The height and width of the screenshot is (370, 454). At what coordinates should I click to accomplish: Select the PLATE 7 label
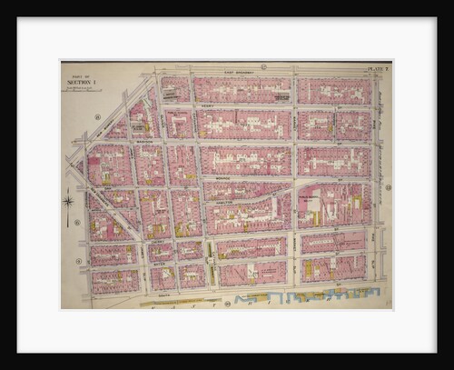pos(377,68)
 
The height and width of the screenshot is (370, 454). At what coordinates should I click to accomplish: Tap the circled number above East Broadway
pos(263,66)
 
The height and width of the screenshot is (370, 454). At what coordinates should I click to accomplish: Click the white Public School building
pos(312,205)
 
